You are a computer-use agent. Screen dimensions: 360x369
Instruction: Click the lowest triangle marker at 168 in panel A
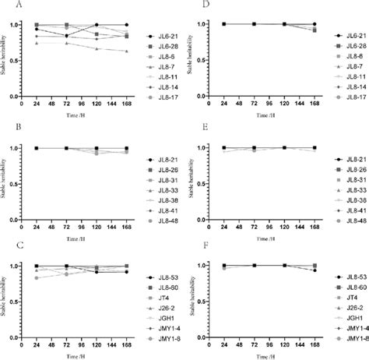(x=125, y=51)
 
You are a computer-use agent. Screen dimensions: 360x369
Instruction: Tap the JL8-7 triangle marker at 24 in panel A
(x=37, y=43)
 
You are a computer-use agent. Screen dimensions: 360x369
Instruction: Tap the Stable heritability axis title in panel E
(x=199, y=184)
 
